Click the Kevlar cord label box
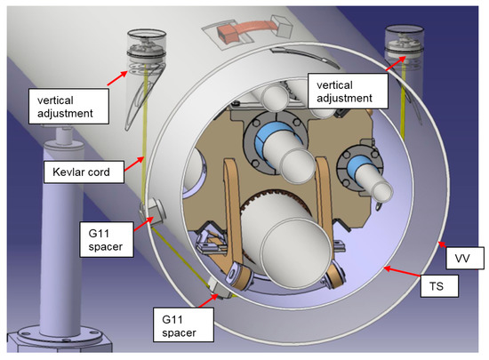84,172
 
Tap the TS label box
439,286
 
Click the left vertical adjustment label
68,107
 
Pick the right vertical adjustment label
348,91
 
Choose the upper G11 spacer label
107,239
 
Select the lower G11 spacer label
183,324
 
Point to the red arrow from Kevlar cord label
134,164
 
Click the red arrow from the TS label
402,271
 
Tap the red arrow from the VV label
442,244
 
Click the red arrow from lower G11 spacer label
208,300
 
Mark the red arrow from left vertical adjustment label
117,78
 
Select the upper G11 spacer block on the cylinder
152,212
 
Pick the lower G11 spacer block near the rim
220,287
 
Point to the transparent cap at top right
405,43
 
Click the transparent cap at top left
147,47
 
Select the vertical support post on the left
61,234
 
